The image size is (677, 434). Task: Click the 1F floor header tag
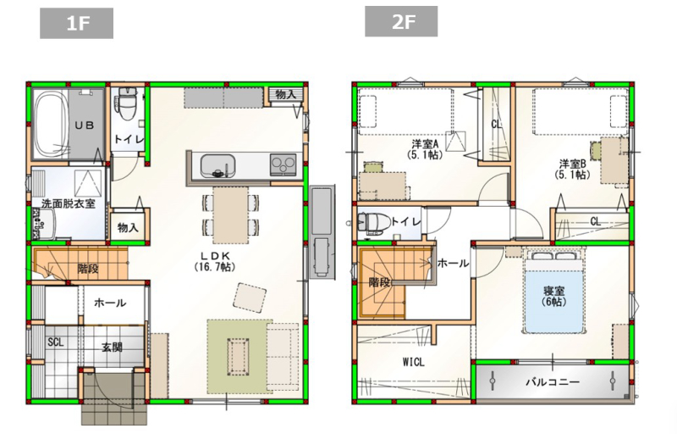[x=76, y=24]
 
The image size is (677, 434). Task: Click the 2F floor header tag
[x=401, y=22]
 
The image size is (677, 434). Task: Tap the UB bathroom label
[x=85, y=125]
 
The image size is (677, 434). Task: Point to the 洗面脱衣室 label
[x=68, y=203]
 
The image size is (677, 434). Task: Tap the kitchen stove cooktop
[x=283, y=164]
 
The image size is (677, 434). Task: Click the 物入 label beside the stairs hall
[x=128, y=228]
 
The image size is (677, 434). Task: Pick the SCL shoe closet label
[x=55, y=342]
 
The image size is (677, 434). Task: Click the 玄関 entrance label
[x=113, y=347]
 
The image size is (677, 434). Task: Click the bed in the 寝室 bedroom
[x=554, y=283]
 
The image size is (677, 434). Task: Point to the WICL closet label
[x=413, y=362]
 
